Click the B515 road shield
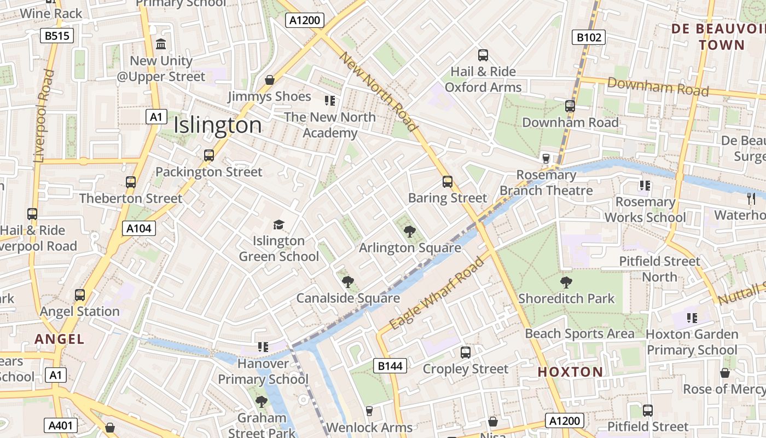(x=57, y=36)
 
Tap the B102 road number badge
(x=589, y=37)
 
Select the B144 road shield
(x=390, y=366)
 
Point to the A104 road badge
(x=138, y=228)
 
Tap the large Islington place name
(x=218, y=125)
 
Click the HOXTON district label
(x=570, y=372)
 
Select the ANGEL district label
(x=60, y=339)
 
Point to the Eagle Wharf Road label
(x=438, y=294)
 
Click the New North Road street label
(x=379, y=91)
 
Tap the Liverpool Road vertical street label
(x=45, y=115)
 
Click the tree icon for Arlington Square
(x=409, y=232)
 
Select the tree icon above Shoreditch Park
(x=566, y=283)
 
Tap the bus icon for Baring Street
(x=448, y=182)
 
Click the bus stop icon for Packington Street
(x=209, y=155)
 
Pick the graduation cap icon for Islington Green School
(x=279, y=224)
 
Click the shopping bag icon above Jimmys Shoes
(x=270, y=80)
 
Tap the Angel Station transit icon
(x=80, y=295)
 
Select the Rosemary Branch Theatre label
(x=546, y=183)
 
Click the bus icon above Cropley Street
(x=466, y=353)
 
